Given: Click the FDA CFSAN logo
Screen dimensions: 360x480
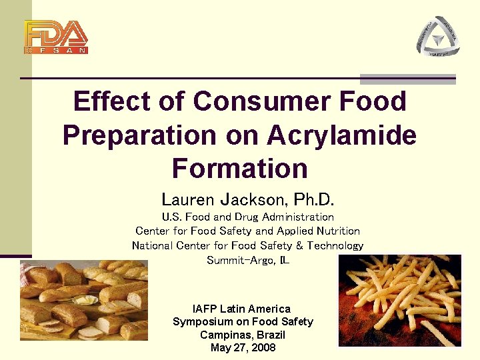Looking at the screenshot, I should [56, 37].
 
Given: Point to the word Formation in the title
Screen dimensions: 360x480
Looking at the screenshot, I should [239, 168].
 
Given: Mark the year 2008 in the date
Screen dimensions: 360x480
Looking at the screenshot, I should [261, 347].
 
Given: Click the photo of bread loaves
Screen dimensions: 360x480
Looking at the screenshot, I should [83, 300].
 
